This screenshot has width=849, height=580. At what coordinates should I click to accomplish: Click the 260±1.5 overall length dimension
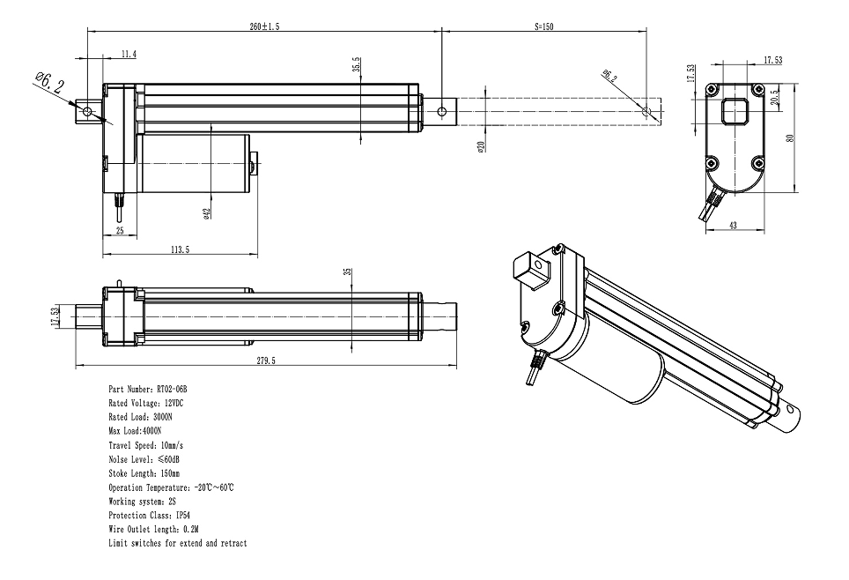point(264,27)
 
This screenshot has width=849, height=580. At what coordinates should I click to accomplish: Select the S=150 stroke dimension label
point(543,27)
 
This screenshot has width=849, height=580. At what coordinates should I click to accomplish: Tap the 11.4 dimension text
point(129,55)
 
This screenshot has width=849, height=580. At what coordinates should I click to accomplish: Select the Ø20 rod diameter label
point(481,147)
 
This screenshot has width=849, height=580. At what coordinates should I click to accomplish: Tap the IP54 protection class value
point(183,516)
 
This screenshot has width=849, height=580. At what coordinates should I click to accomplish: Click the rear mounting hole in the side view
point(87,112)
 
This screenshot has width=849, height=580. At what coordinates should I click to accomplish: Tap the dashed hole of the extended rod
point(647,113)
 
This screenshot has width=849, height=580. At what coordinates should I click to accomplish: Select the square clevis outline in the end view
point(734,112)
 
